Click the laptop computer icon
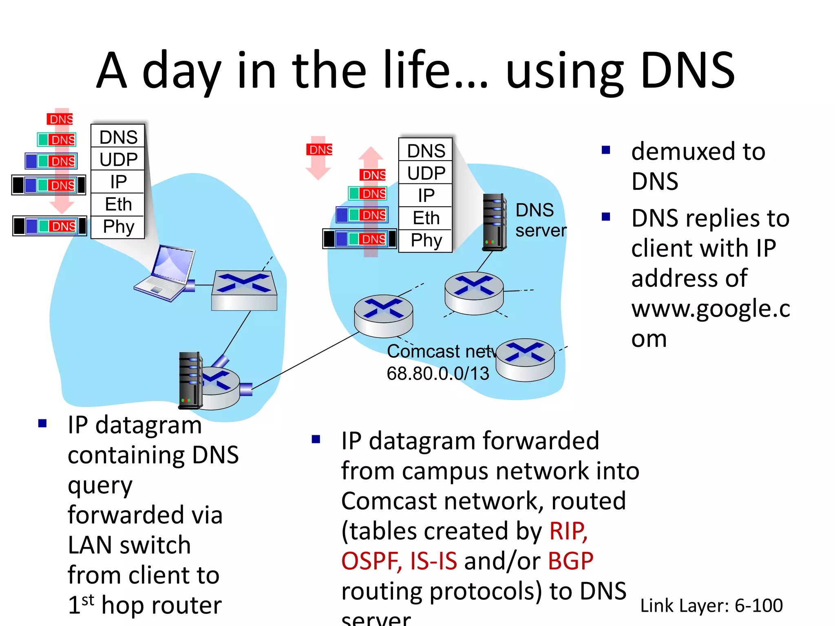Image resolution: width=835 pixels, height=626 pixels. tap(167, 273)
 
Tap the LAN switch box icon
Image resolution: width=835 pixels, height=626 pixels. tap(244, 291)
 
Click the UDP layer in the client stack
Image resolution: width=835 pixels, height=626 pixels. tap(118, 159)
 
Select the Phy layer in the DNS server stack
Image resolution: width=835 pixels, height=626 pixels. tap(426, 241)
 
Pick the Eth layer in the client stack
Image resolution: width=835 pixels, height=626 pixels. tap(118, 204)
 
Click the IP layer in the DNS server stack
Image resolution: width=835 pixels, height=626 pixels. tap(426, 196)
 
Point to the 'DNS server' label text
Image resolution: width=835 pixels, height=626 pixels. tap(540, 220)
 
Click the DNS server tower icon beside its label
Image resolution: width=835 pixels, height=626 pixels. tap(495, 222)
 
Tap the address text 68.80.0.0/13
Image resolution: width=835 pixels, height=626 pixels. tap(437, 373)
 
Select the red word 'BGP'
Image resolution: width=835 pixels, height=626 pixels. tap(570, 561)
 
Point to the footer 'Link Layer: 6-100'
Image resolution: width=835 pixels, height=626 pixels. tap(711, 606)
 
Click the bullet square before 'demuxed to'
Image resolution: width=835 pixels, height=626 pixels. tap(606, 150)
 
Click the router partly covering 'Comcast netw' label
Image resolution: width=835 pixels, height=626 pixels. tap(525, 359)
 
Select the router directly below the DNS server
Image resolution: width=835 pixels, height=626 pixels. tap(474, 293)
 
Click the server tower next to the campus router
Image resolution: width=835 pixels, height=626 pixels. tap(190, 380)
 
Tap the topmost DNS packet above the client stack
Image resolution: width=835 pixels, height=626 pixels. tap(60, 119)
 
